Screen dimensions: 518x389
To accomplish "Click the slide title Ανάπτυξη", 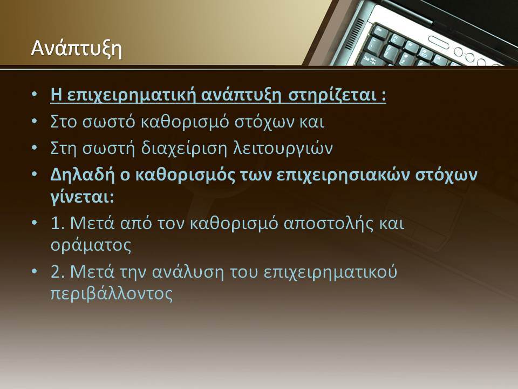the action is point(76,49).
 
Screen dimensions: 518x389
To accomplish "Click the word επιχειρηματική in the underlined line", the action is point(132,96).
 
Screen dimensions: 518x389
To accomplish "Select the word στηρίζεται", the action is point(332,96).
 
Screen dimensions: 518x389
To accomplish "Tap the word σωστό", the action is point(108,122).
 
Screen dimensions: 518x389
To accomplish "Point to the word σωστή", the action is point(108,148).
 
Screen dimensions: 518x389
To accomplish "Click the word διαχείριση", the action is point(184,148).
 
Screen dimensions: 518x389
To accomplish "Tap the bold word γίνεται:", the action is point(83,198).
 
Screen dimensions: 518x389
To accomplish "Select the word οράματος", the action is point(91,246).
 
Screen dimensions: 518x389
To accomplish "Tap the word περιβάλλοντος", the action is point(112,294).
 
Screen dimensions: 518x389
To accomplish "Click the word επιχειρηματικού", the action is point(330,272).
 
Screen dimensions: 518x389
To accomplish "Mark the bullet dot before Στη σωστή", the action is point(35,147).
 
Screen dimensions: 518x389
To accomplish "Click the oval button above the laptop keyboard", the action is point(439,42).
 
